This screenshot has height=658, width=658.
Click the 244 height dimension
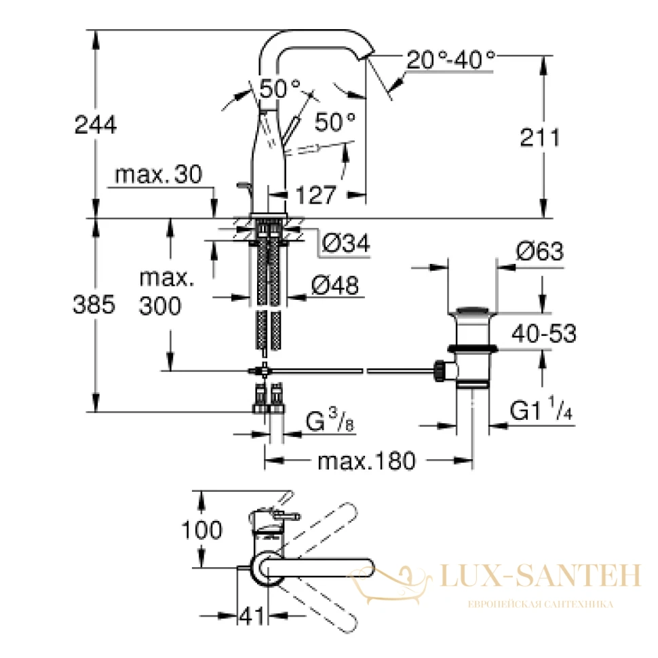click(x=95, y=125)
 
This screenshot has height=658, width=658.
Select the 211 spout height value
click(x=540, y=137)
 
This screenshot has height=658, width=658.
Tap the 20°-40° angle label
click(x=450, y=60)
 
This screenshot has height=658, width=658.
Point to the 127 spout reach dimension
click(x=316, y=194)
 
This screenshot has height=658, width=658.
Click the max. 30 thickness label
click(x=159, y=174)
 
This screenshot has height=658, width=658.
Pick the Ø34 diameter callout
click(x=346, y=243)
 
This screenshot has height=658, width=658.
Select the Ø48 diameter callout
click(x=335, y=286)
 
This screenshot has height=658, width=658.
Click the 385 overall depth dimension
click(x=94, y=304)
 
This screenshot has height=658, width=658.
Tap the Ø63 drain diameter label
click(x=540, y=252)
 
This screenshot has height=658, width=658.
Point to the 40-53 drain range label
click(x=544, y=334)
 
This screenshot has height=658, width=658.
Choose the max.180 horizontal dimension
click(x=366, y=461)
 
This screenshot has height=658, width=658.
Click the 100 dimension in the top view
click(x=202, y=530)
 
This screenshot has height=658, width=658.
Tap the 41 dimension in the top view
click(x=252, y=616)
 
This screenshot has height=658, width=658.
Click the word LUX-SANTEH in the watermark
click(x=541, y=576)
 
